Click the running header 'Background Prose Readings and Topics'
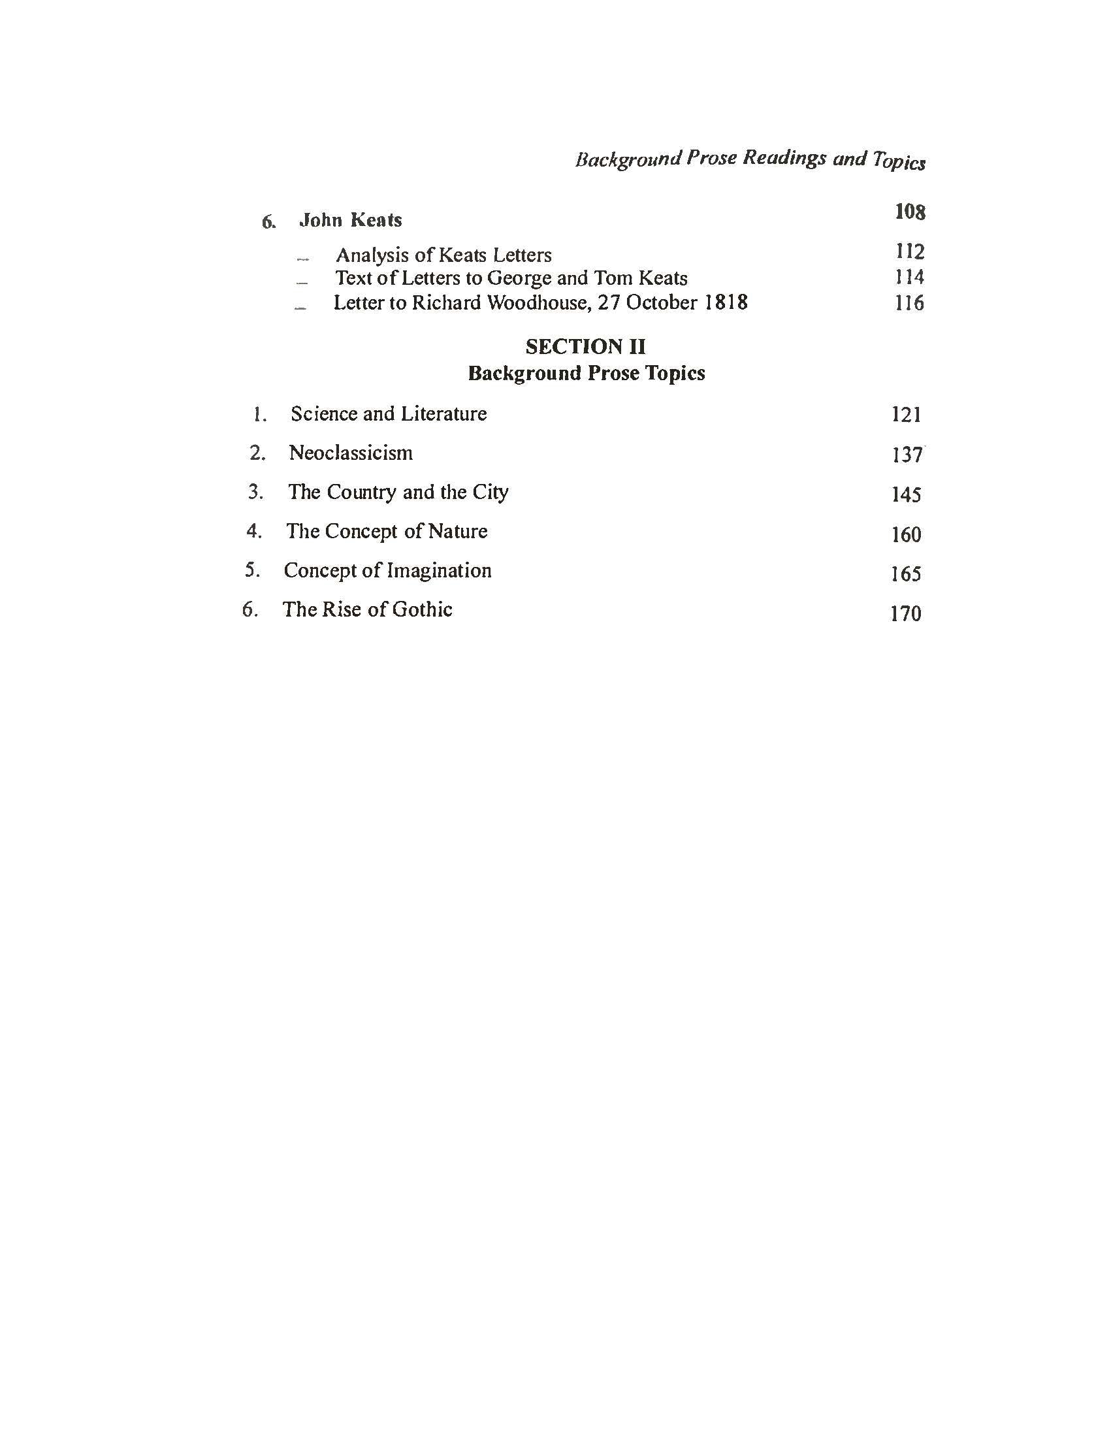[750, 160]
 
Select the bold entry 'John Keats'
[350, 219]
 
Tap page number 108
[910, 212]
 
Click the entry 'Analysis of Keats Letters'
[443, 255]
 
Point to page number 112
[910, 251]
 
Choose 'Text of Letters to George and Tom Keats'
[511, 278]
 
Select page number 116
[909, 303]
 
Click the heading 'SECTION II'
[585, 347]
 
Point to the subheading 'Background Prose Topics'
[586, 373]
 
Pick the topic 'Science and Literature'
[388, 414]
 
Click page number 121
[906, 415]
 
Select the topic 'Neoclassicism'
[351, 453]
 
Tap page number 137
[907, 455]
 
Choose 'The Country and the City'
[398, 492]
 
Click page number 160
[906, 534]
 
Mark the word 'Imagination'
[439, 570]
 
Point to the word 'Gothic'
[422, 609]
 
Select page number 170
[905, 614]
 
